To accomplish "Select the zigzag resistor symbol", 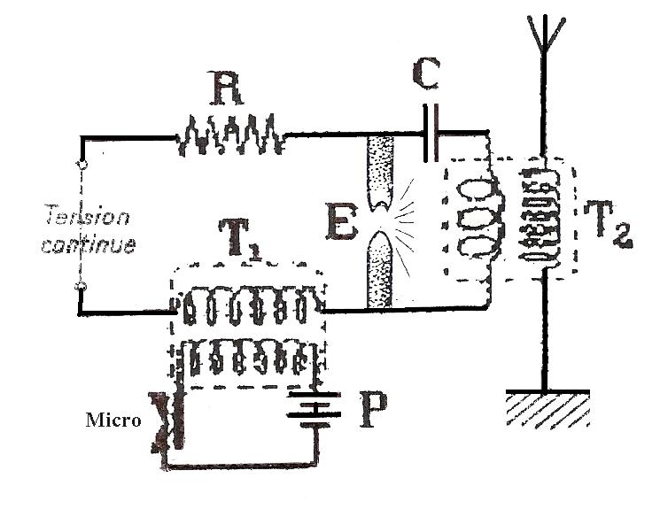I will (230, 137).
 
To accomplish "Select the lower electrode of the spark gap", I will (383, 270).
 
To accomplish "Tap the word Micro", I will (113, 420).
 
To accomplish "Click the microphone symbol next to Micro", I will (169, 420).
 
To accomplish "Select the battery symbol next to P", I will (309, 408).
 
